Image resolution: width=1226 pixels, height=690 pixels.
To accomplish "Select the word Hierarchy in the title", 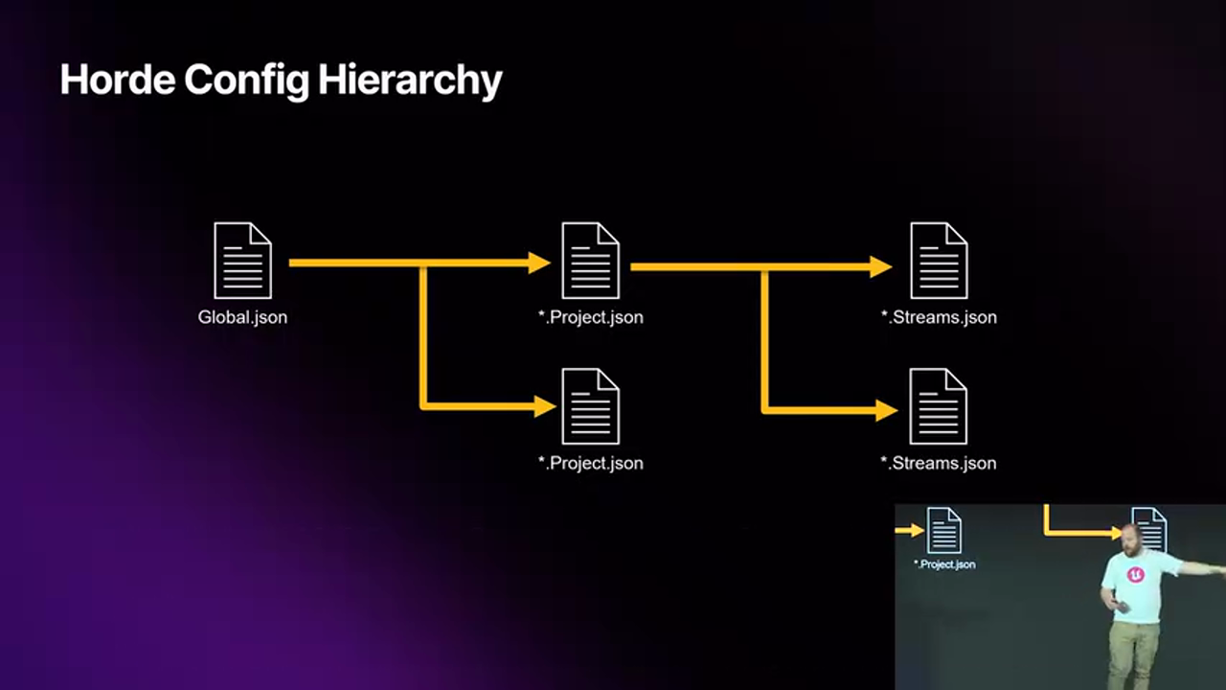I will [410, 80].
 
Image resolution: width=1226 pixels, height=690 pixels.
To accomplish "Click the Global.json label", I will [242, 317].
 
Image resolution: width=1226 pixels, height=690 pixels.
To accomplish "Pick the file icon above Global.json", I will [242, 261].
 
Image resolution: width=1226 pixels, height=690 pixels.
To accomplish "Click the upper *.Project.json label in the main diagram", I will [590, 317].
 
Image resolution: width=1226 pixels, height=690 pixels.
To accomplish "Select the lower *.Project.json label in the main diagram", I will [590, 463].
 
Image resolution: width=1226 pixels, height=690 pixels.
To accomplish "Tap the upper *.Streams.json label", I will [939, 317].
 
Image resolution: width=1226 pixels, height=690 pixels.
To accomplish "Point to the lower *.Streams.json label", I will [939, 463].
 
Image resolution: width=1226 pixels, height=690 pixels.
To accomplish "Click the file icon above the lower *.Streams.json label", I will [939, 406].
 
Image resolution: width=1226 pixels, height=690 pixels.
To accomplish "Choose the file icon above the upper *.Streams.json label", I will [939, 261].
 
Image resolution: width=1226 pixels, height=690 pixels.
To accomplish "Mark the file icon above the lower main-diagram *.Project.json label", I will [590, 406].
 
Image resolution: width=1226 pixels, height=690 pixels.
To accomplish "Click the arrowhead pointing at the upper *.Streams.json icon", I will [880, 266].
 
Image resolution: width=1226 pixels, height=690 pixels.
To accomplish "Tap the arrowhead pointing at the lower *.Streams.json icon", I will [885, 410].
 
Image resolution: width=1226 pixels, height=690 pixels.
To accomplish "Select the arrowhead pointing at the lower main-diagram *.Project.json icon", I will [544, 406].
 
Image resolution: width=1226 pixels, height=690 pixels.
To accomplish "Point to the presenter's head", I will [1131, 539].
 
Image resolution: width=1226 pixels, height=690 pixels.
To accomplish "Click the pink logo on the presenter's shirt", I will [1136, 575].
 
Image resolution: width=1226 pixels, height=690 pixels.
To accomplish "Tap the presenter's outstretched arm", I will [1202, 569].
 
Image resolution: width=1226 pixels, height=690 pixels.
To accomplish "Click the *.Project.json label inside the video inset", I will [944, 564].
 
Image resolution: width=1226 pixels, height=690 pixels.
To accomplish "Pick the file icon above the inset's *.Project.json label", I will [943, 530].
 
